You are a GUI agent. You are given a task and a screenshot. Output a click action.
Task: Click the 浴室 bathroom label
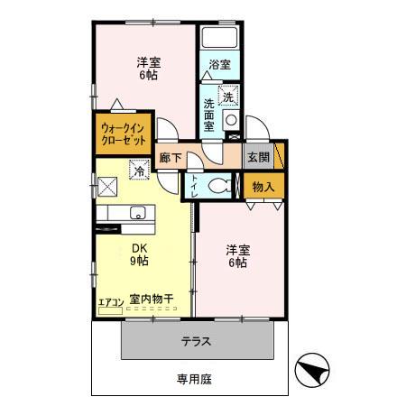pyautogui.click(x=219, y=65)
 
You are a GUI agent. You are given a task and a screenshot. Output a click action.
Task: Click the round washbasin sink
pyautogui.click(x=231, y=120)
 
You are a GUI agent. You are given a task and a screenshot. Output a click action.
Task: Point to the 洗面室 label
pyautogui.click(x=209, y=115)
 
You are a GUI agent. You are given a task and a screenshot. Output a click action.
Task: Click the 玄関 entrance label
pyautogui.click(x=258, y=157)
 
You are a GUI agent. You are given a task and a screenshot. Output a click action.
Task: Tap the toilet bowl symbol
pyautogui.click(x=217, y=185)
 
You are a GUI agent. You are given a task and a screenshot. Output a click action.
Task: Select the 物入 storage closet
pyautogui.click(x=263, y=187)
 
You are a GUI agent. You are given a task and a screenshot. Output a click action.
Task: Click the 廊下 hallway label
pyautogui.click(x=171, y=158)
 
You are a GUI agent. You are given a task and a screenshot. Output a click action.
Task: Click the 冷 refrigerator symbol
pyautogui.click(x=139, y=168)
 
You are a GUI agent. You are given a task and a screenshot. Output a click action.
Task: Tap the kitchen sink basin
pyautogui.click(x=137, y=214)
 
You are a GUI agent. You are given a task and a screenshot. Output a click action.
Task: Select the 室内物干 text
pyautogui.click(x=151, y=299)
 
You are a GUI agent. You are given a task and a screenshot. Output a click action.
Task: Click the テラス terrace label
pyautogui.click(x=197, y=342)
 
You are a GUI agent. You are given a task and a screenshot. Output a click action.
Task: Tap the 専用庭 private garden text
pyautogui.click(x=193, y=380)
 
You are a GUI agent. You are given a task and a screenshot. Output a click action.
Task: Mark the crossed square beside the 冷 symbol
pyautogui.click(x=108, y=185)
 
